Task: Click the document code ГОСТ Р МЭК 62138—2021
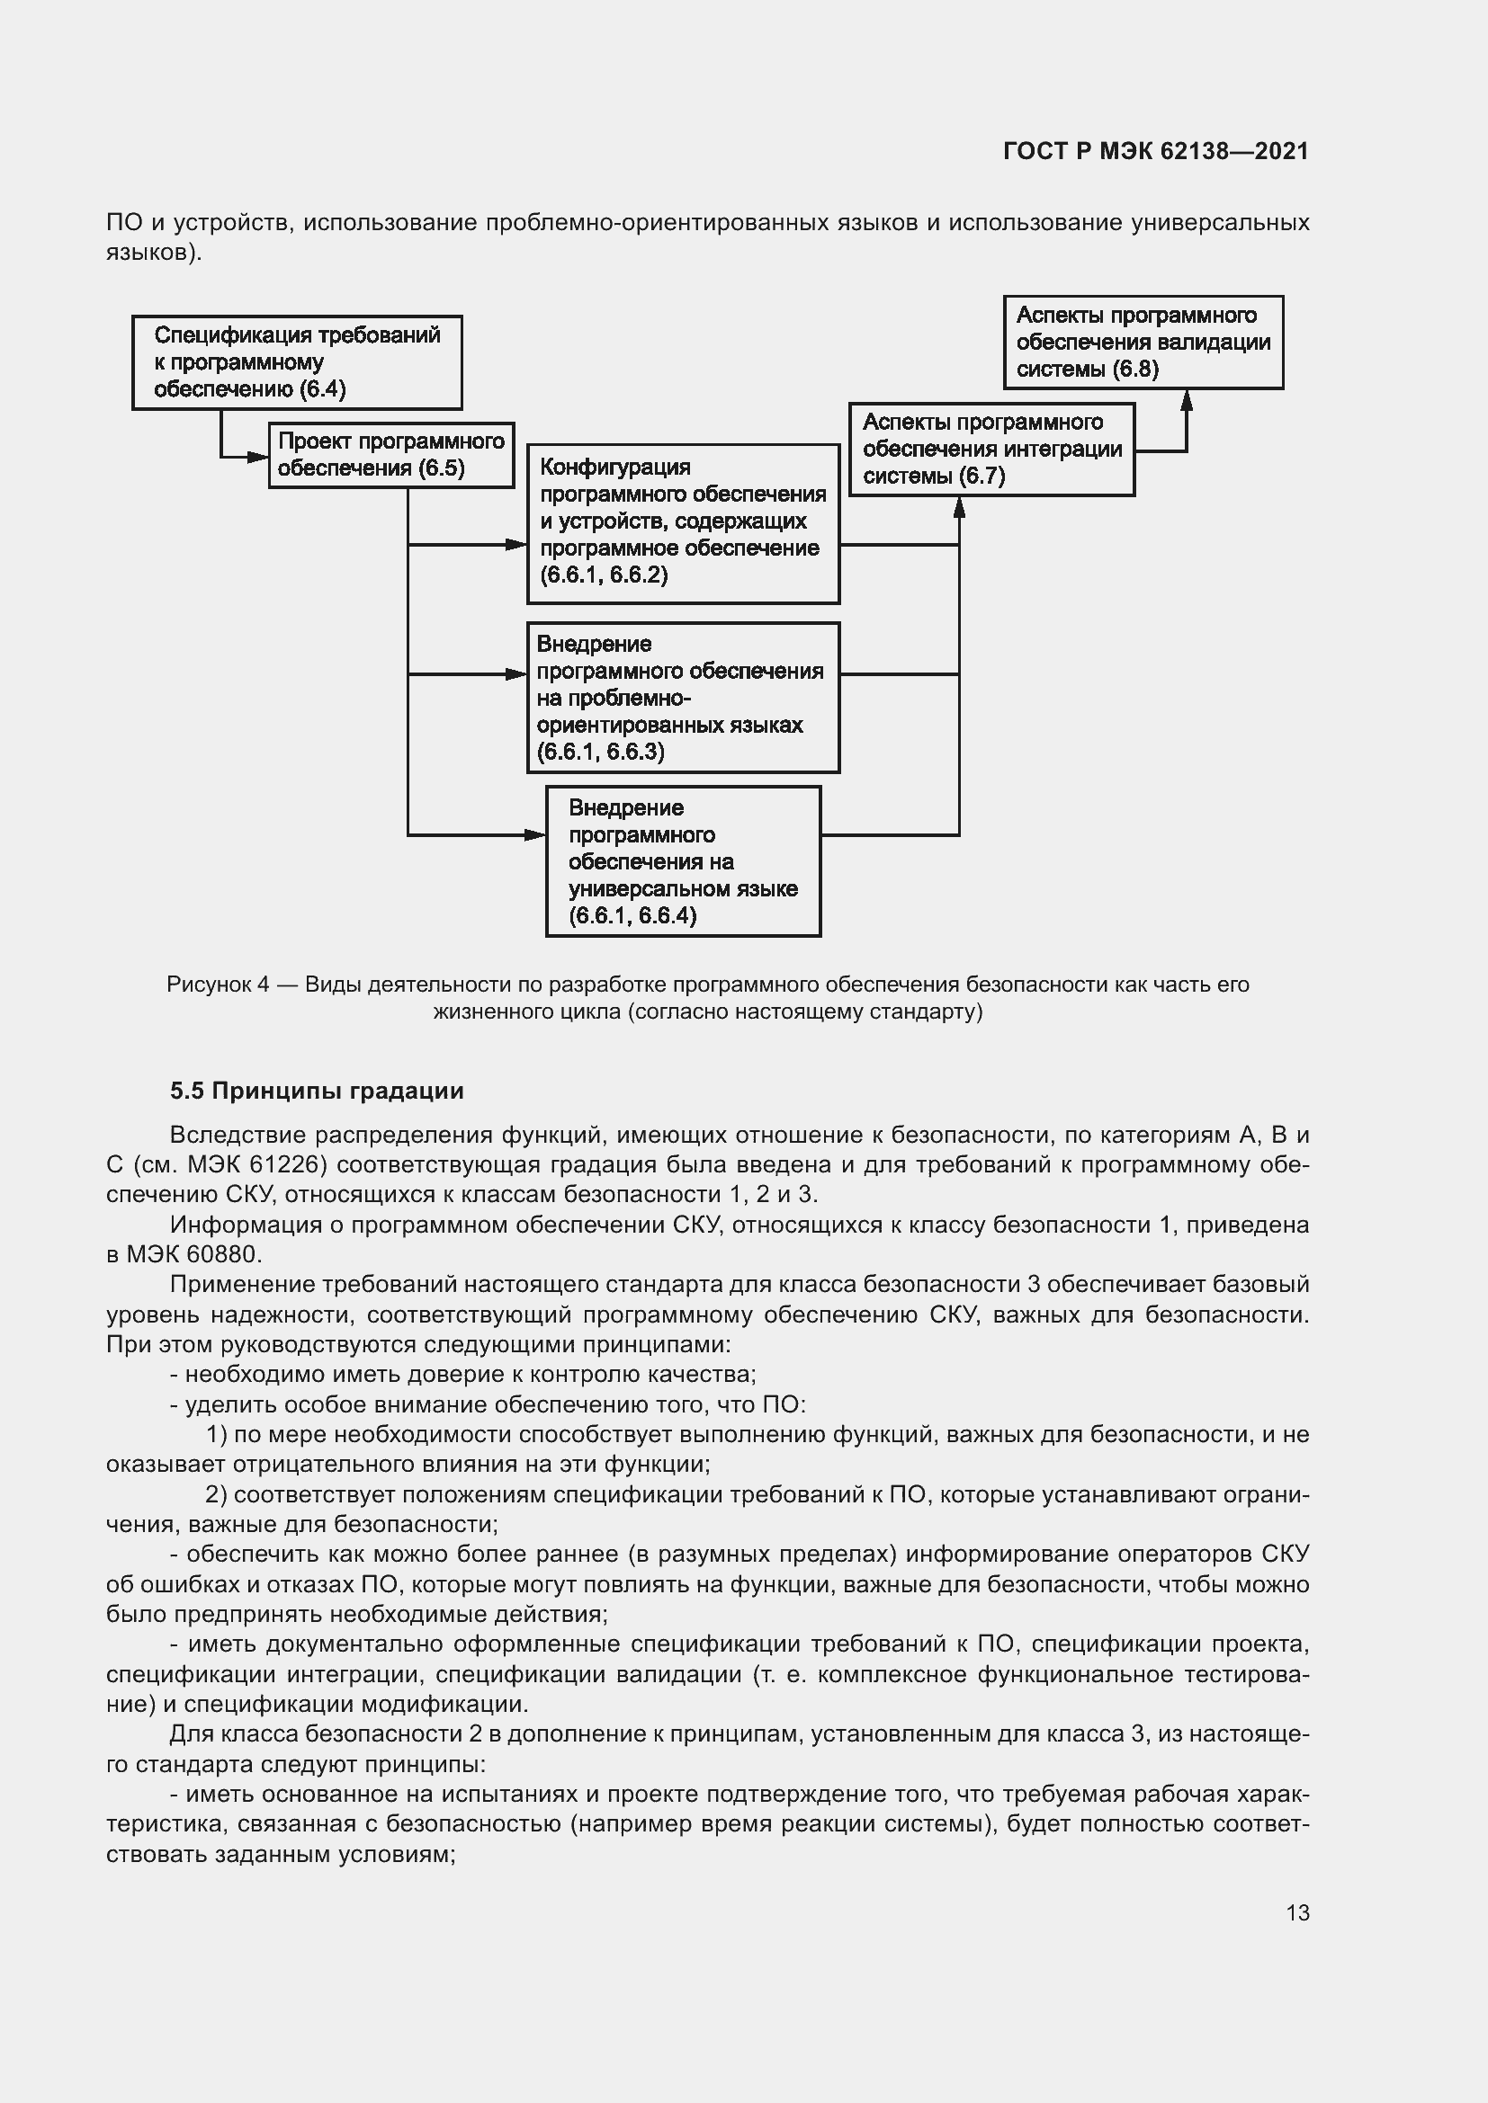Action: (1155, 151)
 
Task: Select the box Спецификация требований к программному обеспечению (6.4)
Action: (297, 362)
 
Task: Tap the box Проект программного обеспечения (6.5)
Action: (391, 455)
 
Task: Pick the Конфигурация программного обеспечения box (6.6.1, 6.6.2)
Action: (683, 524)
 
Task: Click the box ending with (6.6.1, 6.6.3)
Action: (683, 698)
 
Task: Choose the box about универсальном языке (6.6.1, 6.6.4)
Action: (683, 861)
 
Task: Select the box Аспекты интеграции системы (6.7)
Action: (991, 450)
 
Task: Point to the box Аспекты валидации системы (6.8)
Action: (1143, 343)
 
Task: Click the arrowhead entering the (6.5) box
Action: (258, 456)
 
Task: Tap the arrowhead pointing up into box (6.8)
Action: (1187, 399)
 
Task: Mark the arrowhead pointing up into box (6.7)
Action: (959, 506)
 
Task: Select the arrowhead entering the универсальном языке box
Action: (535, 835)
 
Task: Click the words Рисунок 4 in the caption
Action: (218, 985)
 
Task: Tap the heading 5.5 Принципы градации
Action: (317, 1091)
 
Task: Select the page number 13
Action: (1297, 1912)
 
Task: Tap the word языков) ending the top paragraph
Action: (154, 253)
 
